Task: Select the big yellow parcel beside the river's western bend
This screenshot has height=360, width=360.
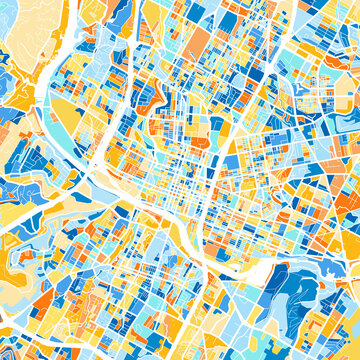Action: pos(68,110)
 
